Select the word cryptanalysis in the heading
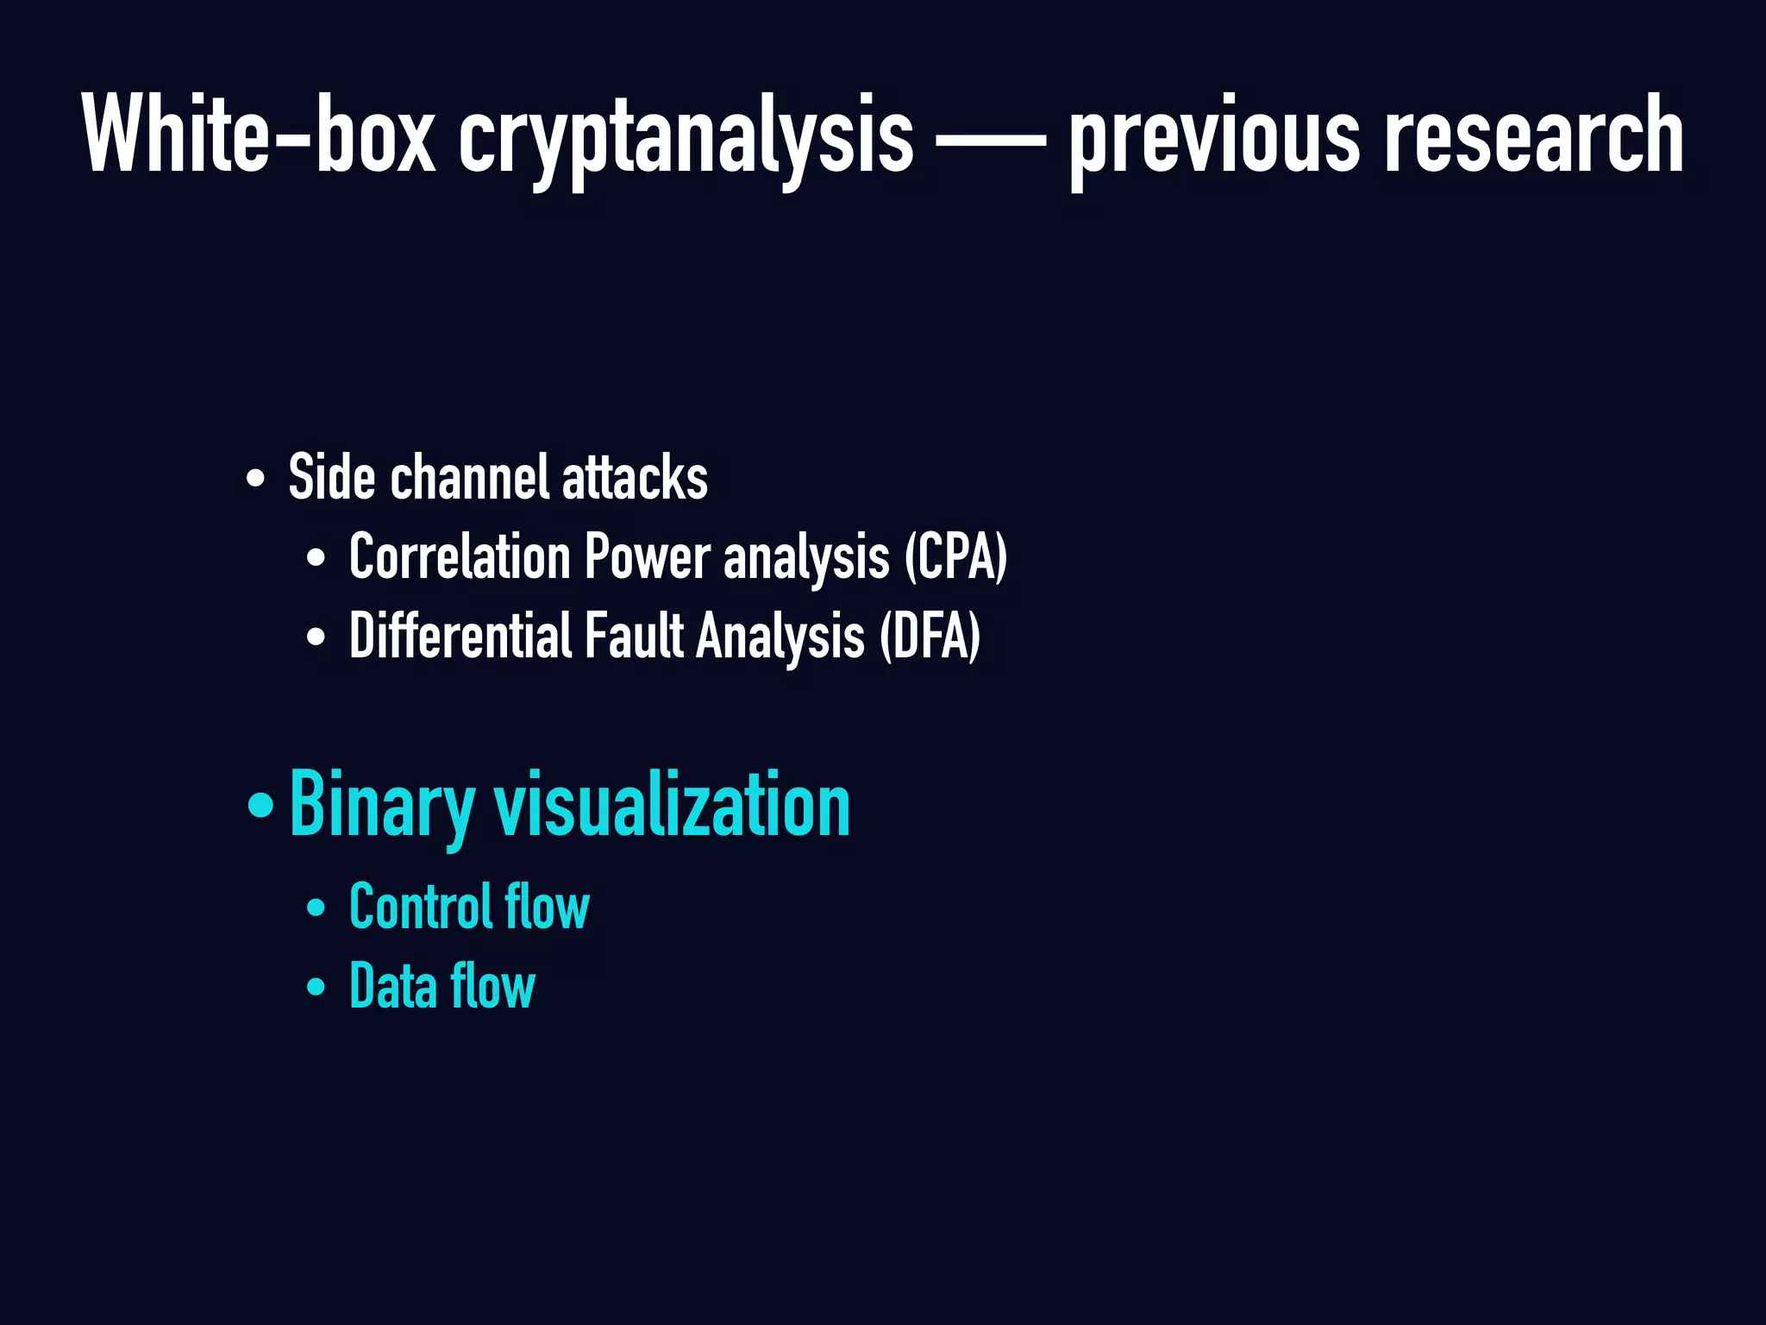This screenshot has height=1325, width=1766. (686, 138)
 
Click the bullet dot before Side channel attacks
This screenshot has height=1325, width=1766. (255, 479)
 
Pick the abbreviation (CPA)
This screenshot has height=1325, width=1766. (955, 558)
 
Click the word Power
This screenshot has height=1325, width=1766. (648, 558)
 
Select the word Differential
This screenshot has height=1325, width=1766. (460, 636)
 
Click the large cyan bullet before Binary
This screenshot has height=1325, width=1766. (260, 806)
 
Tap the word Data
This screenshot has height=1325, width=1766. (393, 986)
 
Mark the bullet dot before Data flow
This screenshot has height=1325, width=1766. (316, 987)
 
